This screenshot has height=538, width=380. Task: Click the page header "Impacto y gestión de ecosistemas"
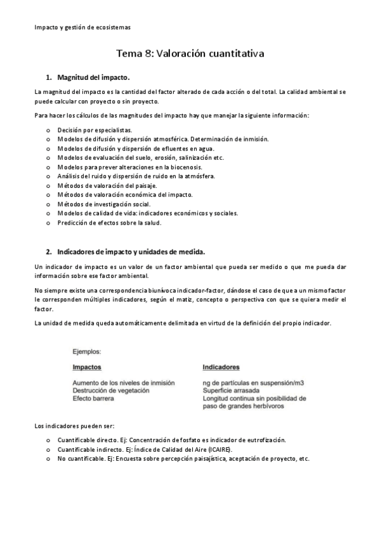pyautogui.click(x=82, y=28)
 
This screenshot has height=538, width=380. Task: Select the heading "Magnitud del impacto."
pyautogui.click(x=93, y=78)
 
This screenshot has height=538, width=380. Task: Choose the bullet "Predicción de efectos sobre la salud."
pyautogui.click(x=110, y=222)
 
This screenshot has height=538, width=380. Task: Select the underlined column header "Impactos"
pyautogui.click(x=87, y=367)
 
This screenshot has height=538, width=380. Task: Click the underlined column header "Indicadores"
pyautogui.click(x=221, y=367)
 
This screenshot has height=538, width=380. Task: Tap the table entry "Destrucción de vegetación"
pyautogui.click(x=111, y=391)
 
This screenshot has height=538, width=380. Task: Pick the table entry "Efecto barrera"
pyautogui.click(x=93, y=398)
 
